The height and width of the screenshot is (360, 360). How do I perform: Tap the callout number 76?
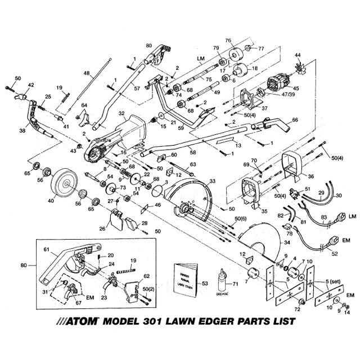(x=228, y=40)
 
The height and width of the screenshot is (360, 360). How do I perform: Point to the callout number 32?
(x=121, y=112)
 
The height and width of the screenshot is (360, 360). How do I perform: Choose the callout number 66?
(x=294, y=120)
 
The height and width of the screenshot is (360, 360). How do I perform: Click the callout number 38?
(x=22, y=129)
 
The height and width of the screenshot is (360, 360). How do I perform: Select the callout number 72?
(x=298, y=310)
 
